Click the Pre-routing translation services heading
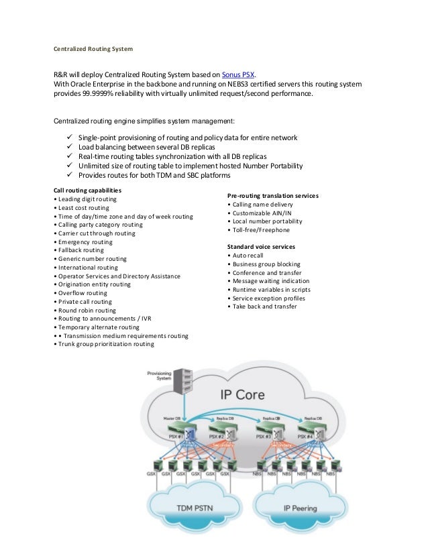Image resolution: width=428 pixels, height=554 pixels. (273, 195)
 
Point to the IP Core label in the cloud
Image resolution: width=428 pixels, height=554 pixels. (238, 394)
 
